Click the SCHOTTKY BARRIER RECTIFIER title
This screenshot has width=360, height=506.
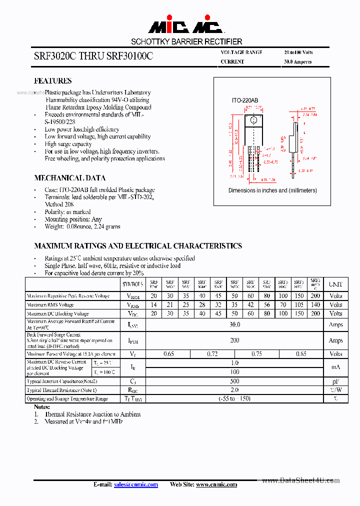tap(186, 41)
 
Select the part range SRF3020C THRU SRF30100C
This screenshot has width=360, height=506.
tap(93, 56)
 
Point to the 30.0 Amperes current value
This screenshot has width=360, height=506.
tap(298, 62)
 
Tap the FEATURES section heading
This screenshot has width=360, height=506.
tap(52, 80)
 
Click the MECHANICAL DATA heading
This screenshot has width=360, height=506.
tap(69, 177)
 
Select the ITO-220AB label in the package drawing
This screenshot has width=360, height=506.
tap(245, 101)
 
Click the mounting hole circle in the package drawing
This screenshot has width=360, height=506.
tap(253, 120)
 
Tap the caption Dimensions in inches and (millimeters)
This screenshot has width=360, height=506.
tap(272, 190)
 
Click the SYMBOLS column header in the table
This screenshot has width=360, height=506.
tap(132, 284)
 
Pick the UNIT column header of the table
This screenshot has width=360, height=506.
tap(335, 284)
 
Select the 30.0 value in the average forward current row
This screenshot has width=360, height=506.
tap(234, 324)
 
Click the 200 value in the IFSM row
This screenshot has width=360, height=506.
tap(234, 340)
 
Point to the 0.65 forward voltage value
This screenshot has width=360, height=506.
tap(169, 354)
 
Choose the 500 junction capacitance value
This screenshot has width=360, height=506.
tap(234, 381)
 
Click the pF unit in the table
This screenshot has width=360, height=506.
tap(335, 381)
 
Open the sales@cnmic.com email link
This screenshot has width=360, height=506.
tap(135, 484)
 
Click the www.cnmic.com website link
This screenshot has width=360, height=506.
tap(216, 484)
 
